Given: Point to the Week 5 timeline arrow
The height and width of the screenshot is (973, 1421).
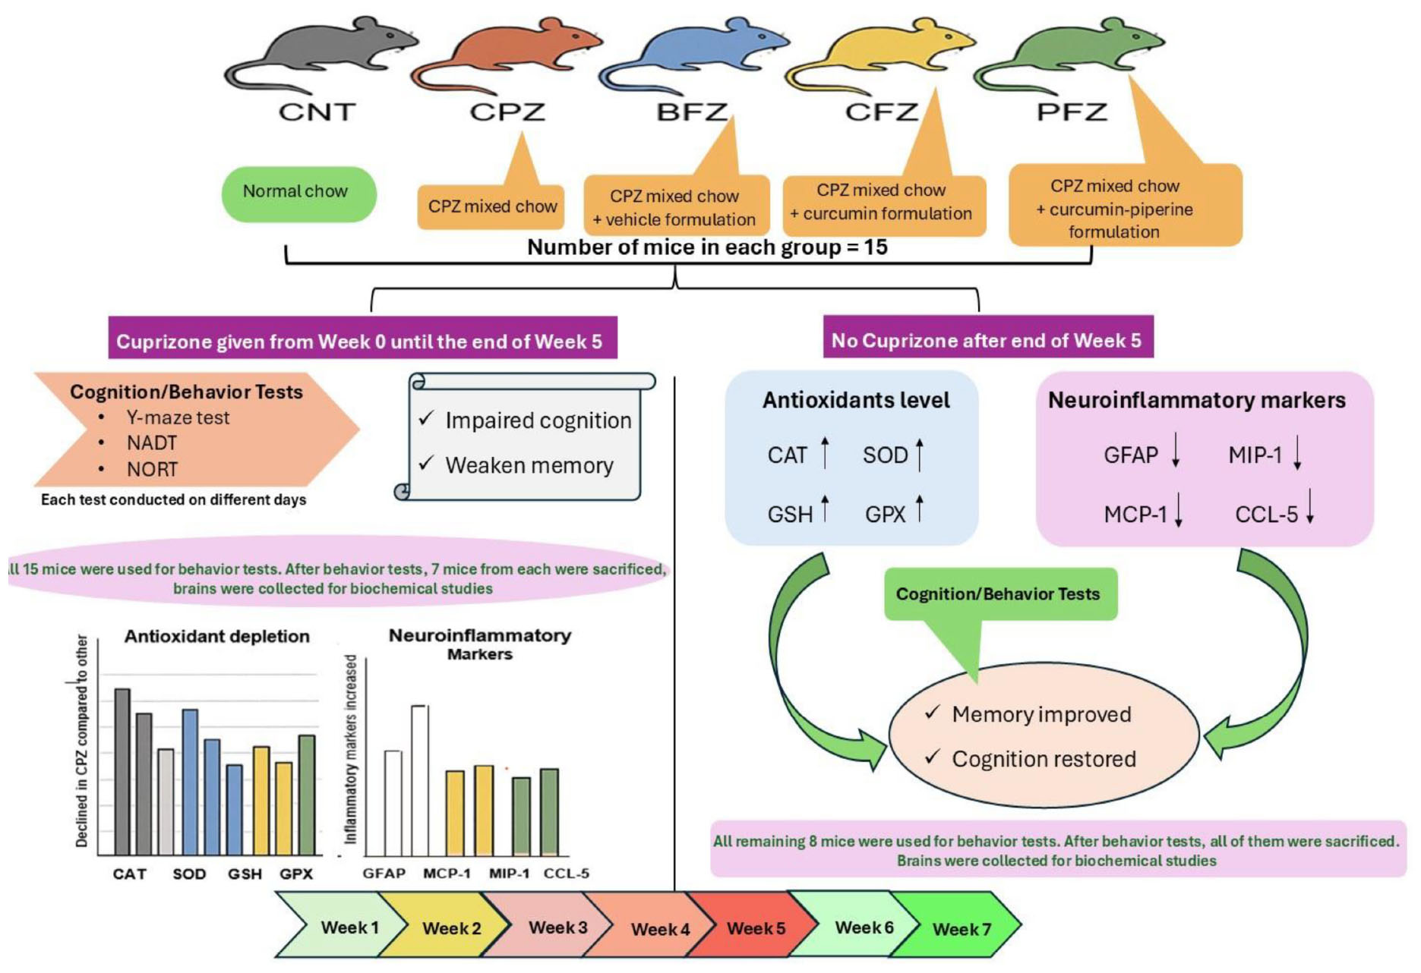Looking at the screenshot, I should click(x=756, y=928).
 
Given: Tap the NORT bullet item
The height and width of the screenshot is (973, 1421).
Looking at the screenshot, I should click(x=152, y=470).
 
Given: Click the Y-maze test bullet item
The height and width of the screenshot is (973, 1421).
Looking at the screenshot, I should click(x=178, y=417).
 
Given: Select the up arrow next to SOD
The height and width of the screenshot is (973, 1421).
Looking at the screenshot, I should click(x=920, y=454).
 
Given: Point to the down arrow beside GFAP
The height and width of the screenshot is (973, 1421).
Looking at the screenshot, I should click(x=1176, y=451).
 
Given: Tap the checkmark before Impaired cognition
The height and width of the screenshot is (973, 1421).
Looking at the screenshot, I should click(x=426, y=418).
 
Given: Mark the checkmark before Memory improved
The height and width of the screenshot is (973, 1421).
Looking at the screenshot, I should click(x=933, y=713).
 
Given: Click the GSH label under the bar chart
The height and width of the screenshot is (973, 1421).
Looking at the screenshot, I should click(x=245, y=874).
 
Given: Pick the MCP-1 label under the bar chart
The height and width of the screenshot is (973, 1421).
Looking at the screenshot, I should click(x=447, y=874).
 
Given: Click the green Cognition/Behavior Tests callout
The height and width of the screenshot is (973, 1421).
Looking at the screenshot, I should click(x=997, y=594).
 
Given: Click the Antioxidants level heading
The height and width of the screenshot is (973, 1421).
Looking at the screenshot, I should click(x=856, y=401).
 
